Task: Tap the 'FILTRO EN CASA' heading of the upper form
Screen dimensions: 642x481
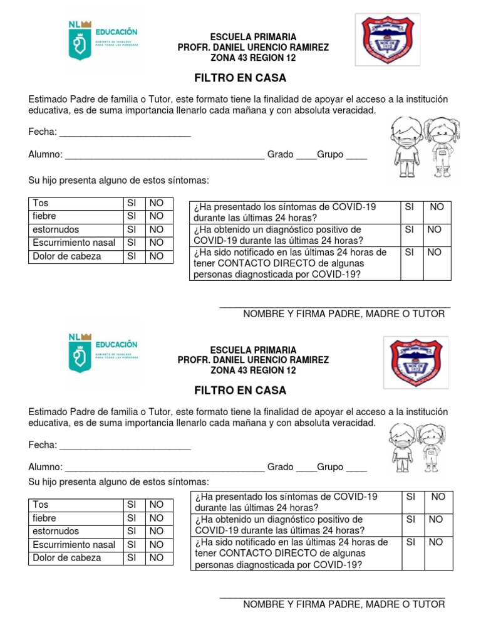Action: coord(240,78)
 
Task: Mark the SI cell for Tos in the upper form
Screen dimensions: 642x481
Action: coord(132,203)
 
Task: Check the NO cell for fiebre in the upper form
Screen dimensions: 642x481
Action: coord(156,216)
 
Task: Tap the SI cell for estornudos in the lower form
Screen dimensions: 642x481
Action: coord(132,532)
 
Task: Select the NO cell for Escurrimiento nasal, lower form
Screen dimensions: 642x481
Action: coord(156,545)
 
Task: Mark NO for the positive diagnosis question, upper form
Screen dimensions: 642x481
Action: coord(435,230)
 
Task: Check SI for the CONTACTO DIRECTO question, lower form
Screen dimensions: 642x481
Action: coord(411,542)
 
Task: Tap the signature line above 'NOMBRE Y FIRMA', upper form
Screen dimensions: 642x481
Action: coord(334,307)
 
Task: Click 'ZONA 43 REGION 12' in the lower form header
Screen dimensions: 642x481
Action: coord(253,371)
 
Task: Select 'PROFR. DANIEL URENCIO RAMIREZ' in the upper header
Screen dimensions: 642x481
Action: coord(253,48)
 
